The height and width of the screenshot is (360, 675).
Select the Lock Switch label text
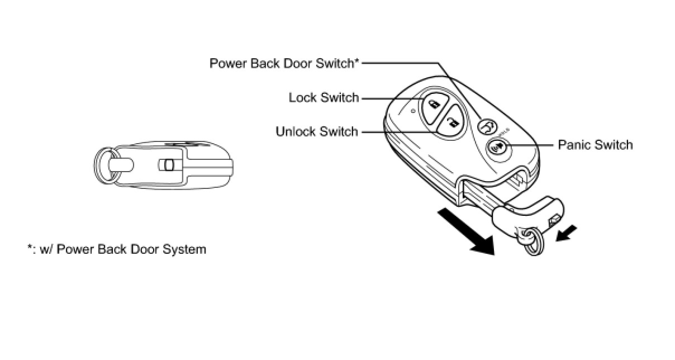pyautogui.click(x=324, y=98)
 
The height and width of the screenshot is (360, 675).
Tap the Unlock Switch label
pyautogui.click(x=317, y=132)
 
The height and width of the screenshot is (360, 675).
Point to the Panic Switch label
pyautogui.click(x=595, y=145)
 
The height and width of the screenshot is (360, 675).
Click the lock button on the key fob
pyautogui.click(x=434, y=103)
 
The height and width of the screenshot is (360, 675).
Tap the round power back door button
pyautogui.click(x=487, y=127)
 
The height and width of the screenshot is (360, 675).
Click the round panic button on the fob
pyautogui.click(x=497, y=148)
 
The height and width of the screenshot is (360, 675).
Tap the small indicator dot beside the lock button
pyautogui.click(x=412, y=111)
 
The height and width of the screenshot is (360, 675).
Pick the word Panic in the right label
pyautogui.click(x=575, y=145)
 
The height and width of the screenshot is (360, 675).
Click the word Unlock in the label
pyautogui.click(x=296, y=132)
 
